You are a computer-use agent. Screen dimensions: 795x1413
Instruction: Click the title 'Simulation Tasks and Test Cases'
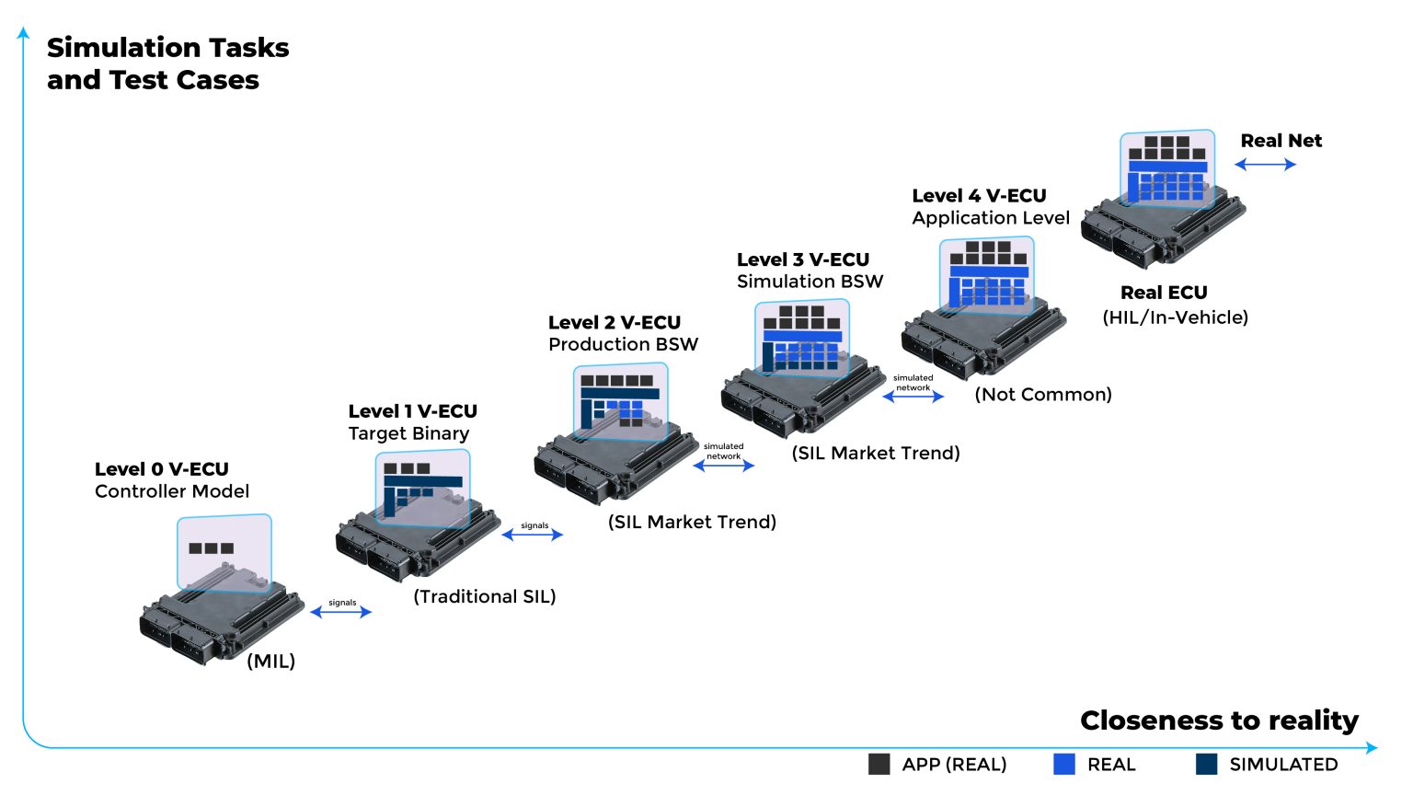pos(167,63)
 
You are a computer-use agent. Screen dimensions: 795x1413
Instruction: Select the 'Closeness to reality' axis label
pos(1219,720)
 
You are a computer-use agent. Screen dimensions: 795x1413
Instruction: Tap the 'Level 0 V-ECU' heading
pos(162,469)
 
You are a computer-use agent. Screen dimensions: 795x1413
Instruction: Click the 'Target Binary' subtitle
pos(408,433)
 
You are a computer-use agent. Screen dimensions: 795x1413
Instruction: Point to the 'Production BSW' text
pos(623,344)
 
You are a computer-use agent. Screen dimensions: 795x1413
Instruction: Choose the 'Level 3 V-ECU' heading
pos(802,259)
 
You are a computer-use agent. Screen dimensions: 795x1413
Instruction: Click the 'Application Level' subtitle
pos(991,218)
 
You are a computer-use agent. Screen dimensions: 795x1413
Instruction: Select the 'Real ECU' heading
pos(1164,293)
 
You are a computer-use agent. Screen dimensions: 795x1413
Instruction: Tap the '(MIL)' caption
pos(271,662)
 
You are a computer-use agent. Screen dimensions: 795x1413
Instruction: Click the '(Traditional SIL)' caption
pos(485,596)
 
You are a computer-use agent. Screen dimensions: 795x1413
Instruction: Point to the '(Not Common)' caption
pos(1043,395)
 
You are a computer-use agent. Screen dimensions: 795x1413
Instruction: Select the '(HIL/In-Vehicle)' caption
pos(1175,317)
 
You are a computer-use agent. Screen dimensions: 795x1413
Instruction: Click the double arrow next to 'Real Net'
pos(1265,165)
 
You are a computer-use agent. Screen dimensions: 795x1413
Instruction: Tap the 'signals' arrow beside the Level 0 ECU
pos(341,612)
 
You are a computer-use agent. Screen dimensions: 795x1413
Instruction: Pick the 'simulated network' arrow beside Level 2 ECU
pos(724,466)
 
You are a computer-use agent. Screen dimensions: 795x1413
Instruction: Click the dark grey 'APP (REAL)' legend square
pos(879,765)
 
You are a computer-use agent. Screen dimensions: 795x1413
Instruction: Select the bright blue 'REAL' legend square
pos(1064,765)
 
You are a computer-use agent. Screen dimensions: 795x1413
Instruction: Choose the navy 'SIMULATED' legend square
pos(1206,765)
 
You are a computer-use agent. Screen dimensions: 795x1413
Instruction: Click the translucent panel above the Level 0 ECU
pos(224,551)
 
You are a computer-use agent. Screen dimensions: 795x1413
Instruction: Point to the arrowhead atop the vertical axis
pos(23,33)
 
